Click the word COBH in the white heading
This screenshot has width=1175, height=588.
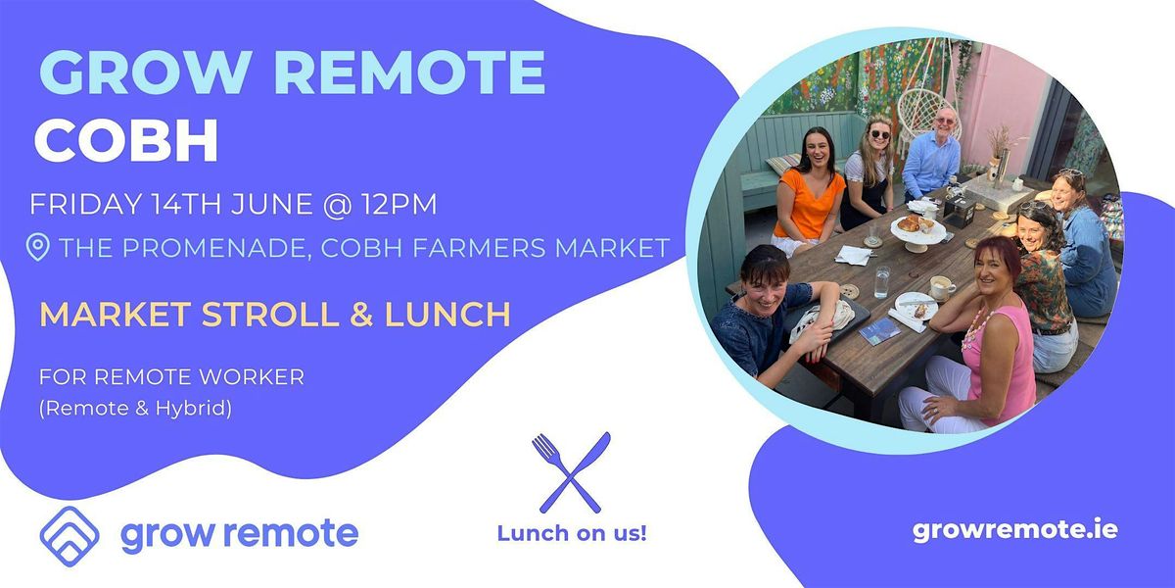point(126,142)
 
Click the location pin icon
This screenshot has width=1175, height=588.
point(38,248)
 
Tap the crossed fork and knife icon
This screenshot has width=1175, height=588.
point(571,471)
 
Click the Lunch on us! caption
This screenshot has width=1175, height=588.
point(572,534)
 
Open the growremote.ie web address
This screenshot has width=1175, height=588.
point(1014,530)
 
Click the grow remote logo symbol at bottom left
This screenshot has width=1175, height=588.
point(70,534)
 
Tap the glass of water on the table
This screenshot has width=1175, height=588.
point(882,280)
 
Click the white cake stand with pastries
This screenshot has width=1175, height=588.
point(918,231)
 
